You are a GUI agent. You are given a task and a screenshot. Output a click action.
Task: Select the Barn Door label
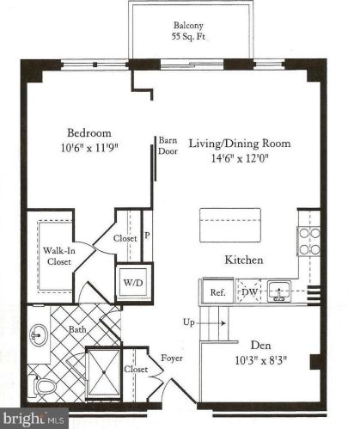pos(167,145)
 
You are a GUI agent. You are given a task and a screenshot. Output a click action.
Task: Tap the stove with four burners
pos(309,240)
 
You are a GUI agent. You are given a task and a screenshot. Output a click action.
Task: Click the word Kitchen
pos(243,260)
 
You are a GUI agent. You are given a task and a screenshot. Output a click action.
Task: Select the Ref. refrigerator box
pos(217,292)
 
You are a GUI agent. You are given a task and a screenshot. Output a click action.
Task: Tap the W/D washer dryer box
pos(134,281)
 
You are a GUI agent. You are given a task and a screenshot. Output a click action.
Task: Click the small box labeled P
pos(147,234)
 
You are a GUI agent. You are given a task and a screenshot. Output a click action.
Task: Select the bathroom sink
pos(39,334)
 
